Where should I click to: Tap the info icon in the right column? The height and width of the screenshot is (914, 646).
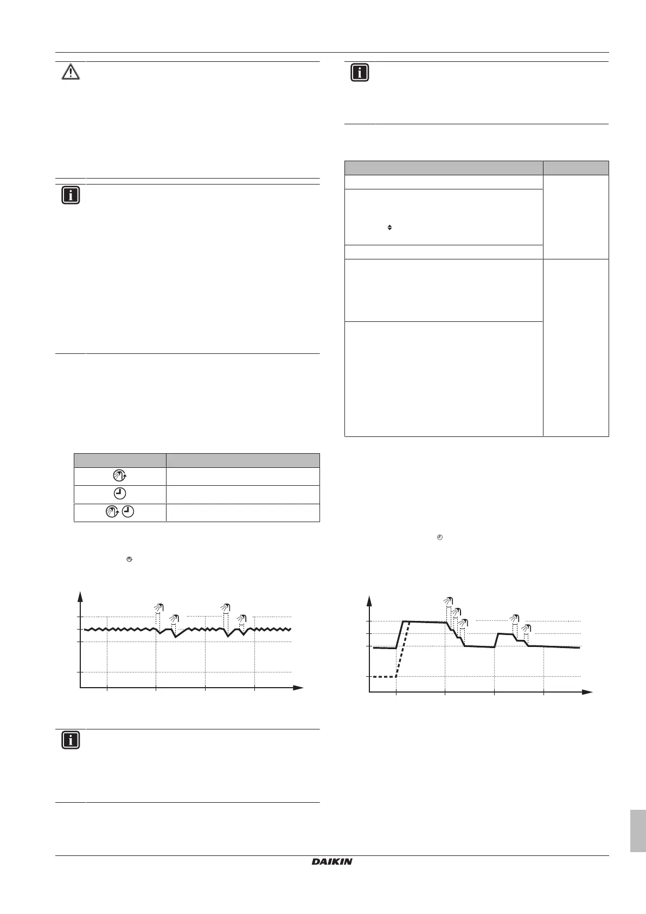359,73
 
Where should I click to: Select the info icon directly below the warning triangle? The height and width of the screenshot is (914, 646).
71,195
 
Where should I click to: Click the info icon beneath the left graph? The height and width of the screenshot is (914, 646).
71,740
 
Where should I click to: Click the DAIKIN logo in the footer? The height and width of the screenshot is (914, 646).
332,861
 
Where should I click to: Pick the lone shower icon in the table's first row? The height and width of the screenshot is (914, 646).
119,477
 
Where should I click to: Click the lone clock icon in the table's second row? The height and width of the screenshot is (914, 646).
120,494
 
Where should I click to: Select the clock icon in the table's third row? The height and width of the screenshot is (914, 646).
128,512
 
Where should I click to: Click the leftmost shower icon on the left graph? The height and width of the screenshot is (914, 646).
158,607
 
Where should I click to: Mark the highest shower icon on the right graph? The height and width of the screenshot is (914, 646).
447,601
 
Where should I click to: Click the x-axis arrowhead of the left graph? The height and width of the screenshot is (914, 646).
298,688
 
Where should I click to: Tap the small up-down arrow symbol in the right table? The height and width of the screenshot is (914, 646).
389,227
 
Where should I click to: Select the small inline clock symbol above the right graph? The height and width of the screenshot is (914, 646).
440,537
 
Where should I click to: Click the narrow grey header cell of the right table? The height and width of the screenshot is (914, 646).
575,168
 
